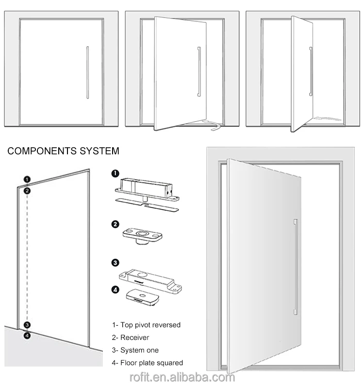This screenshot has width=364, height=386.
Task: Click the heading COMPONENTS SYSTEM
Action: tap(63, 151)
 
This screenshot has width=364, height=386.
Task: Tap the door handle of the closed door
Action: tap(87, 72)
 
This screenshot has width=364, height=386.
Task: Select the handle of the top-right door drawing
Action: tap(311, 71)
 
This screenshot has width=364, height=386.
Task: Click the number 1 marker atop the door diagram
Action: tap(28, 178)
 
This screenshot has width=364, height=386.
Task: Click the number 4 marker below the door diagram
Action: tap(27, 334)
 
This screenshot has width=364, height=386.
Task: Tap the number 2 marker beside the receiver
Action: tap(116, 224)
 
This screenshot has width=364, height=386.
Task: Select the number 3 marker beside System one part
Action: tap(116, 263)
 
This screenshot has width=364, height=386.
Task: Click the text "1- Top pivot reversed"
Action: tap(146, 324)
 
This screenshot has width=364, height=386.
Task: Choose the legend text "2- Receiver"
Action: tap(131, 337)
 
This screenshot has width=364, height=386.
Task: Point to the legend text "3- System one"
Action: tap(135, 350)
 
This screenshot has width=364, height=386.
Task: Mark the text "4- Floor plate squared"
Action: tap(148, 363)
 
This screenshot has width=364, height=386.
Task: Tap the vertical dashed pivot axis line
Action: tap(28, 258)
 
